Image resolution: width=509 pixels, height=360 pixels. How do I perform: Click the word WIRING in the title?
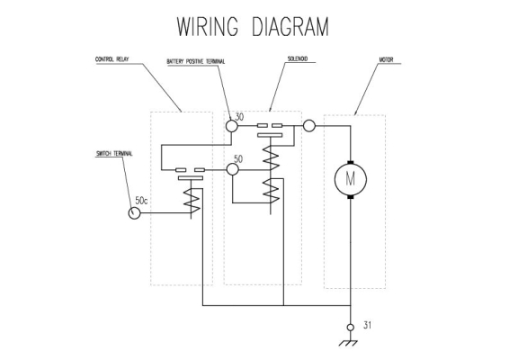(208, 26)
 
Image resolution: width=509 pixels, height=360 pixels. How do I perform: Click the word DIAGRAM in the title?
(290, 26)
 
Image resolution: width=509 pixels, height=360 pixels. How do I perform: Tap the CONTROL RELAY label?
(112, 59)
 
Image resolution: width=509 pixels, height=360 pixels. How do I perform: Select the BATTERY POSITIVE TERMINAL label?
(196, 61)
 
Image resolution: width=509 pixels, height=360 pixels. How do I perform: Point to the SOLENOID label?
(298, 58)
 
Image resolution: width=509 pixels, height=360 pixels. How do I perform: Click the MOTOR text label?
(386, 59)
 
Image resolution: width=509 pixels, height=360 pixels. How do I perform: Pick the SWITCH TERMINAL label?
(114, 154)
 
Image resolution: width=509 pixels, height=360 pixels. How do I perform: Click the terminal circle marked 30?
(232, 126)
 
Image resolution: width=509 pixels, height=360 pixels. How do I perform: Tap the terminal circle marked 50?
(232, 169)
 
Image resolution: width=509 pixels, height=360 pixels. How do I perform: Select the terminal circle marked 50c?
(134, 213)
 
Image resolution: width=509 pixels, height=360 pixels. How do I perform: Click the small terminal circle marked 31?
(351, 328)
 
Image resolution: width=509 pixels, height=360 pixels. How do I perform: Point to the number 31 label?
(367, 325)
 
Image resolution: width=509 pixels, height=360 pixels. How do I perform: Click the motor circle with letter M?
(351, 180)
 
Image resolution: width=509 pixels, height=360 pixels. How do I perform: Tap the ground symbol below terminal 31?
(348, 343)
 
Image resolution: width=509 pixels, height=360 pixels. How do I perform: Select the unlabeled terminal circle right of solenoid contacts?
(309, 125)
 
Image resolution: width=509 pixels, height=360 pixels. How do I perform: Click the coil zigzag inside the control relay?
(192, 201)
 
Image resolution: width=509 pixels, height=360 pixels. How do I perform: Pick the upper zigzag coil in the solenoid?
(271, 157)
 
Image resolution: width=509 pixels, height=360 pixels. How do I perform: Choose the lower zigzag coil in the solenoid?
(271, 191)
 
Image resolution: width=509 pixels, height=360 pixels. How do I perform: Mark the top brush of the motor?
(350, 163)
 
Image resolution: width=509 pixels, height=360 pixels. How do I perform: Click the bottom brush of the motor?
(350, 197)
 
